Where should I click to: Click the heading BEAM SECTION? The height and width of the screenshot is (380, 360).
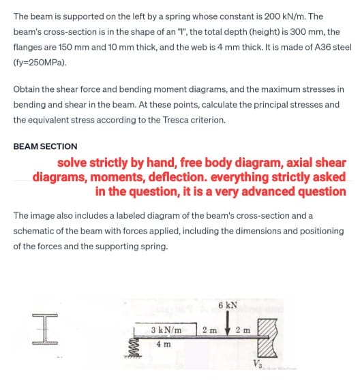pos(45,146)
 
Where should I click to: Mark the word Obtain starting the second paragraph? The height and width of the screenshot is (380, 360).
pos(28,89)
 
